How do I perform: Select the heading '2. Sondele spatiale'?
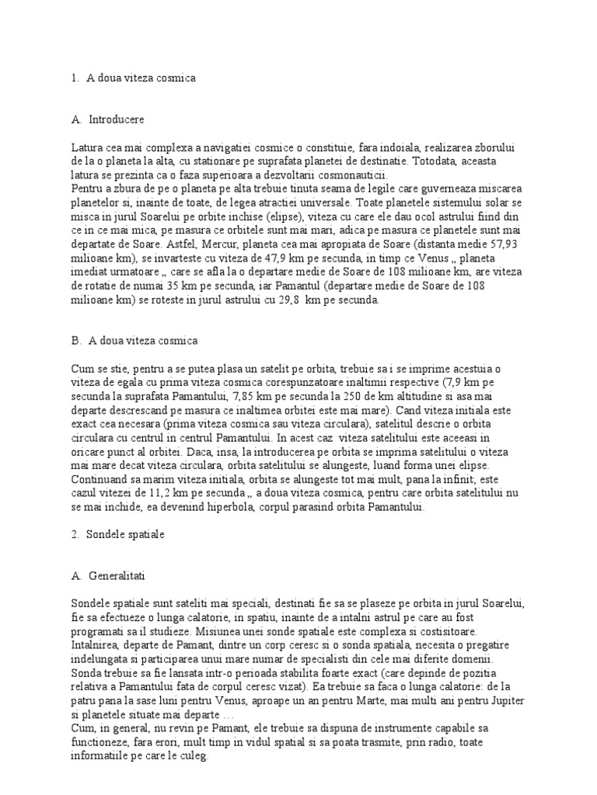[124, 535]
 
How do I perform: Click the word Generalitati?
[121, 577]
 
